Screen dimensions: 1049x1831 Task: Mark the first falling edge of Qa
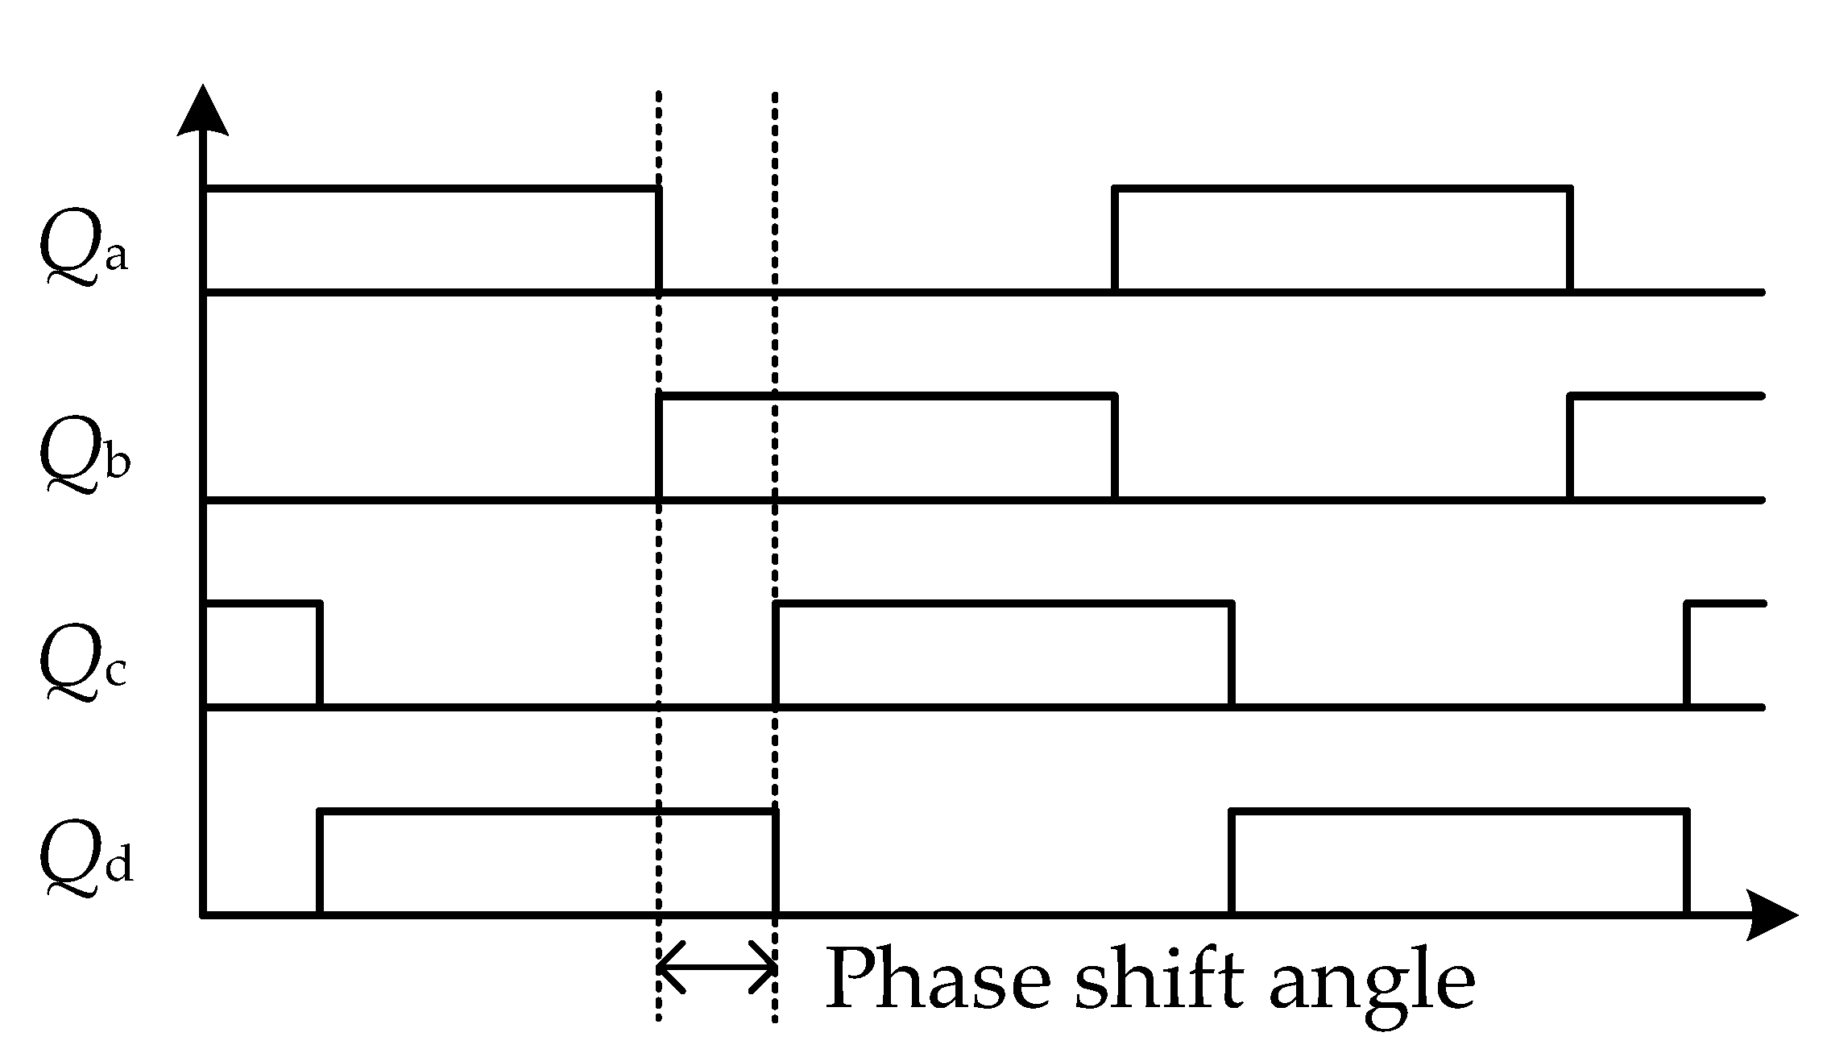659,239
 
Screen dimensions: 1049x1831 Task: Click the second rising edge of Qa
1115,239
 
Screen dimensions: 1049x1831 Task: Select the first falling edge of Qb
1115,447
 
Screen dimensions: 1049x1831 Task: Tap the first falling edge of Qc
321,654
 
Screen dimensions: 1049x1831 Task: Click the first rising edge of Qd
321,862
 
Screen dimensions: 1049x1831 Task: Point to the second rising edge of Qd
1232,862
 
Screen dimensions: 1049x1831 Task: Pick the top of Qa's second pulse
1342,189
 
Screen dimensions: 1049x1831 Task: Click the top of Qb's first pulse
886,396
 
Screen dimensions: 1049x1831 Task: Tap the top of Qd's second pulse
1458,811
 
